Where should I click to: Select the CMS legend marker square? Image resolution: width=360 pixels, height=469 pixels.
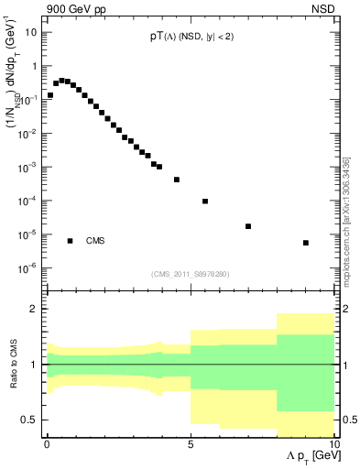click(71, 241)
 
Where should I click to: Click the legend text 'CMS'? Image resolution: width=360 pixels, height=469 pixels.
click(96, 242)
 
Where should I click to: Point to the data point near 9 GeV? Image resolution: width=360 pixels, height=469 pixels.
click(306, 243)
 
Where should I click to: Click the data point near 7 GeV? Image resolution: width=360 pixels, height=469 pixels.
click(248, 226)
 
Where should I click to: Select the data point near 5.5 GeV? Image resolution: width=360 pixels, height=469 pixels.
click(205, 202)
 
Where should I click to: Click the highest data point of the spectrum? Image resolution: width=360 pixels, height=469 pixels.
click(61, 81)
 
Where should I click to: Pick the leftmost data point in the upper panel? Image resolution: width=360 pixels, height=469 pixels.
click(50, 94)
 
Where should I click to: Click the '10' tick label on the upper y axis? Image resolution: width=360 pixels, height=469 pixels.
click(31, 33)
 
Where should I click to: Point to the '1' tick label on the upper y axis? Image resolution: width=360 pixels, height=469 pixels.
click(34, 67)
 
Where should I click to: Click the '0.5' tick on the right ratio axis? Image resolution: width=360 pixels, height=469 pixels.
click(349, 420)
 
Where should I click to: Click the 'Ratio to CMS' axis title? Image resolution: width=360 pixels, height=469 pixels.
click(14, 365)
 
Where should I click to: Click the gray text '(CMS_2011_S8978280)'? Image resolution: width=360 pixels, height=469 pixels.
click(190, 274)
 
